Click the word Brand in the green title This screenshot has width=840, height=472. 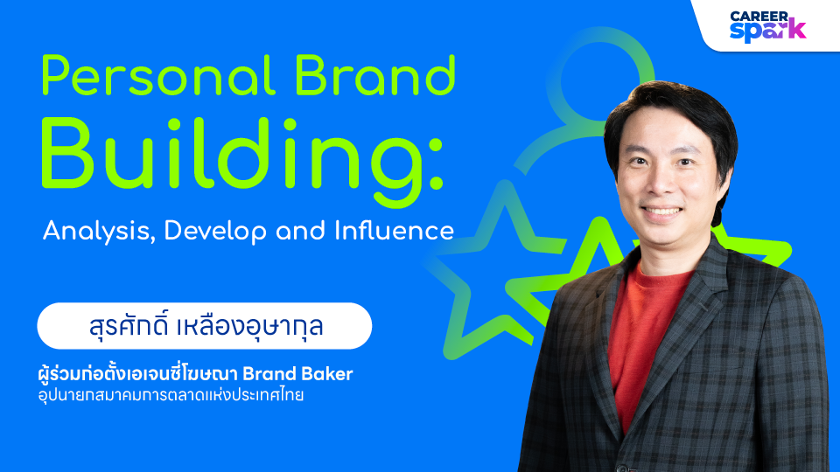coord(375,75)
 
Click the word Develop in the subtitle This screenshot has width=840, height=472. coord(215,232)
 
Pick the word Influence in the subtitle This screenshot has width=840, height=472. coord(395,231)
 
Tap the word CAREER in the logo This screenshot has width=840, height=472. coord(759,17)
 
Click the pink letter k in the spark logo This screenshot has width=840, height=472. coord(798,29)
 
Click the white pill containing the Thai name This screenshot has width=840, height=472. coord(204,326)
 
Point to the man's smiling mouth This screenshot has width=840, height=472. coord(661,212)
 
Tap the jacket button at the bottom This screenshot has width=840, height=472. coord(622,469)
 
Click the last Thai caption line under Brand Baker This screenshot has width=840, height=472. coord(171,395)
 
